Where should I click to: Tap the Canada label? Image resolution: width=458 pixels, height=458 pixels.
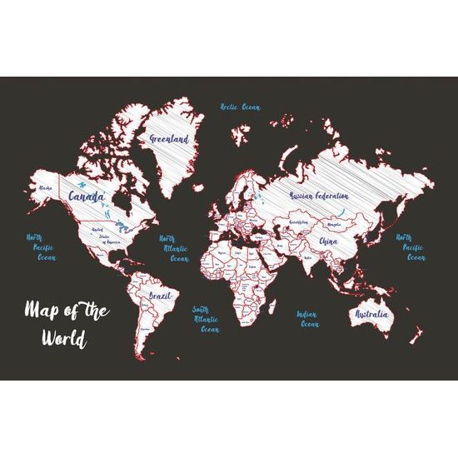pyautogui.click(x=86, y=197)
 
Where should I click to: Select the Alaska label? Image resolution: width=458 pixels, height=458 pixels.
pyautogui.click(x=47, y=188)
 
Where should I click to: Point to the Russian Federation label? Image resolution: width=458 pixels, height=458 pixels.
pyautogui.click(x=319, y=195)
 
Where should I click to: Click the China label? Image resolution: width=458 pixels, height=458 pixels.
pyautogui.click(x=326, y=242)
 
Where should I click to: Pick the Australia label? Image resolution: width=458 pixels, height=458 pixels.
pyautogui.click(x=371, y=315)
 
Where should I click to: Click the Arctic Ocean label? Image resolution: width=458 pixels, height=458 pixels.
pyautogui.click(x=240, y=107)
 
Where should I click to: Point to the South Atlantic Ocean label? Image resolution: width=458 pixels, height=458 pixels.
pyautogui.click(x=206, y=318)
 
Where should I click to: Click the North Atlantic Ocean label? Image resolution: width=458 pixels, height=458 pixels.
pyautogui.click(x=173, y=248)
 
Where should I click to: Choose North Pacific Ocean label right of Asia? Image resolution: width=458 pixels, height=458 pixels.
pyautogui.click(x=409, y=247)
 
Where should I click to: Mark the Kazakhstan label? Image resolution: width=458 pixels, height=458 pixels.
pyautogui.click(x=298, y=222)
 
